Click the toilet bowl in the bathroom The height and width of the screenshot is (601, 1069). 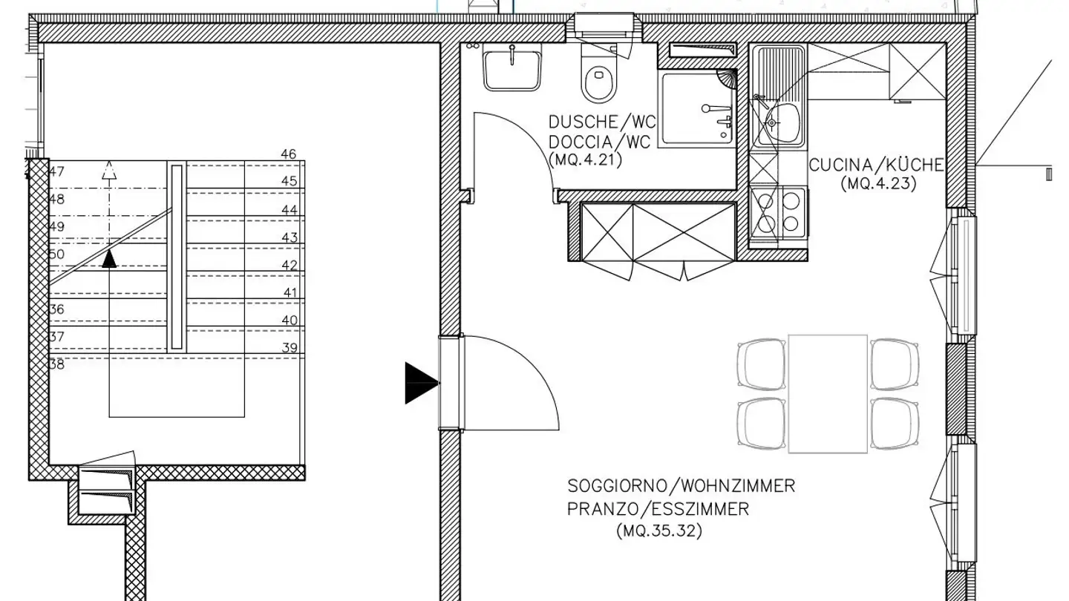coord(600,82)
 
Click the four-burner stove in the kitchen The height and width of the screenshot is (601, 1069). coord(777,211)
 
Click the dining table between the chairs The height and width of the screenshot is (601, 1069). coord(828,393)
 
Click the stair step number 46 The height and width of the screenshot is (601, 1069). coord(289,154)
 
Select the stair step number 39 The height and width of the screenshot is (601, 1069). coord(290,348)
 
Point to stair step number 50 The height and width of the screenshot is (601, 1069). coord(56,254)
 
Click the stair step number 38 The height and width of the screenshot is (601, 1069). coord(56,364)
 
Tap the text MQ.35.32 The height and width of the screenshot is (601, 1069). coord(659,531)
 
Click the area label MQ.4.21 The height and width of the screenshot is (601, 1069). coord(585,159)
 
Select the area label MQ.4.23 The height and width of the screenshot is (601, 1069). coord(878,183)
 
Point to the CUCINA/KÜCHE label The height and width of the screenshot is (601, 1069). coord(876,165)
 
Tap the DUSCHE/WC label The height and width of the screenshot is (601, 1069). coord(602,122)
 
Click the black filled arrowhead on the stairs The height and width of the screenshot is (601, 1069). coord(109,258)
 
